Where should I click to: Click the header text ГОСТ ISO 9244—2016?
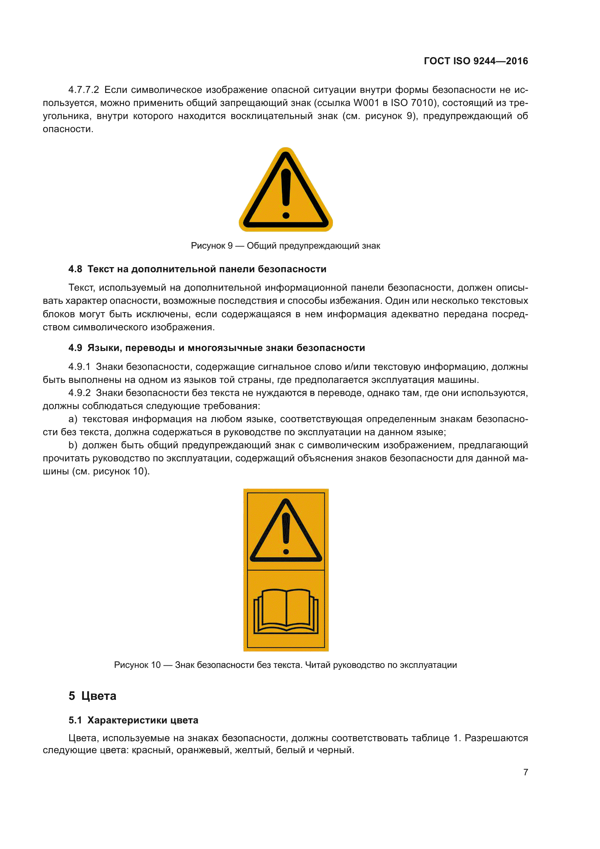click(x=476, y=61)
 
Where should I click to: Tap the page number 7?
click(x=525, y=772)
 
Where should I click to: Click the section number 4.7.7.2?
click(x=83, y=90)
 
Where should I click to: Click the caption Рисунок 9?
click(x=212, y=245)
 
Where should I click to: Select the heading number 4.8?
click(x=75, y=269)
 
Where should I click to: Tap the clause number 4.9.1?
click(x=79, y=367)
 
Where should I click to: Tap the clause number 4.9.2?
click(x=79, y=393)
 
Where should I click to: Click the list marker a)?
click(x=73, y=419)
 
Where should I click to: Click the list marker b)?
click(x=73, y=445)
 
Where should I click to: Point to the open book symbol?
click(x=285, y=611)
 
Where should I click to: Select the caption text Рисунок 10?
click(x=137, y=665)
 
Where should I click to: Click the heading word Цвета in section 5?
click(x=99, y=696)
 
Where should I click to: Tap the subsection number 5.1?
click(x=75, y=720)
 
